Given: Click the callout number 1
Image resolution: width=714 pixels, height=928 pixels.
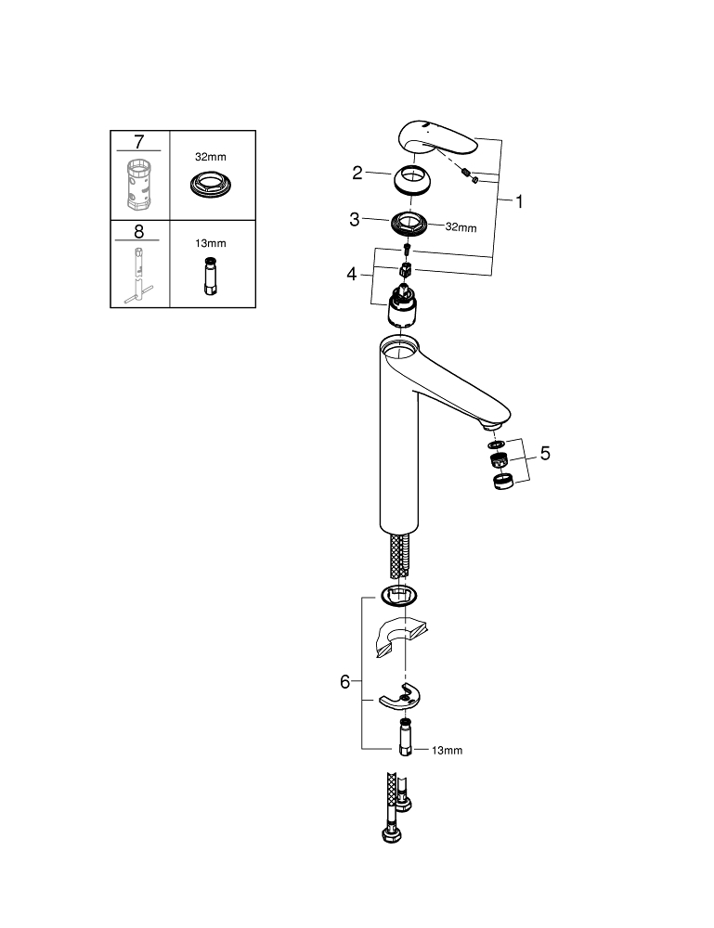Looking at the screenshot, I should click(520, 200).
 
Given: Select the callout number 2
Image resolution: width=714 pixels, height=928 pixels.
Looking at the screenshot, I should click(357, 172).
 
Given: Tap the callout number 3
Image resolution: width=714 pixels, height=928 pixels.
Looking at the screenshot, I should click(355, 220).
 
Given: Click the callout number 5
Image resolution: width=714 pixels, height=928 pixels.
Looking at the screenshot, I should click(545, 454).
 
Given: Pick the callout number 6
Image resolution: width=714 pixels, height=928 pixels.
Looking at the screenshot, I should click(345, 682).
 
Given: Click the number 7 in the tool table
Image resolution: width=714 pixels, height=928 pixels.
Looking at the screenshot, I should click(139, 142).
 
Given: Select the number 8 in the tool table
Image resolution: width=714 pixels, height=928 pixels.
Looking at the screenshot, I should click(139, 231).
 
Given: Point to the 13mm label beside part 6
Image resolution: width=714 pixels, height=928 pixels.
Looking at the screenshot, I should click(446, 750).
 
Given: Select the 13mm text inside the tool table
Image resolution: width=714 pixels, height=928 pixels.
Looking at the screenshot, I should click(212, 244).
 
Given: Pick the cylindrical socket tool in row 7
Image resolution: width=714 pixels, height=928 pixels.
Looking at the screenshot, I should click(139, 185).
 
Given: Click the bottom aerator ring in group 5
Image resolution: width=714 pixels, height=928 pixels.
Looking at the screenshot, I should click(501, 482).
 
